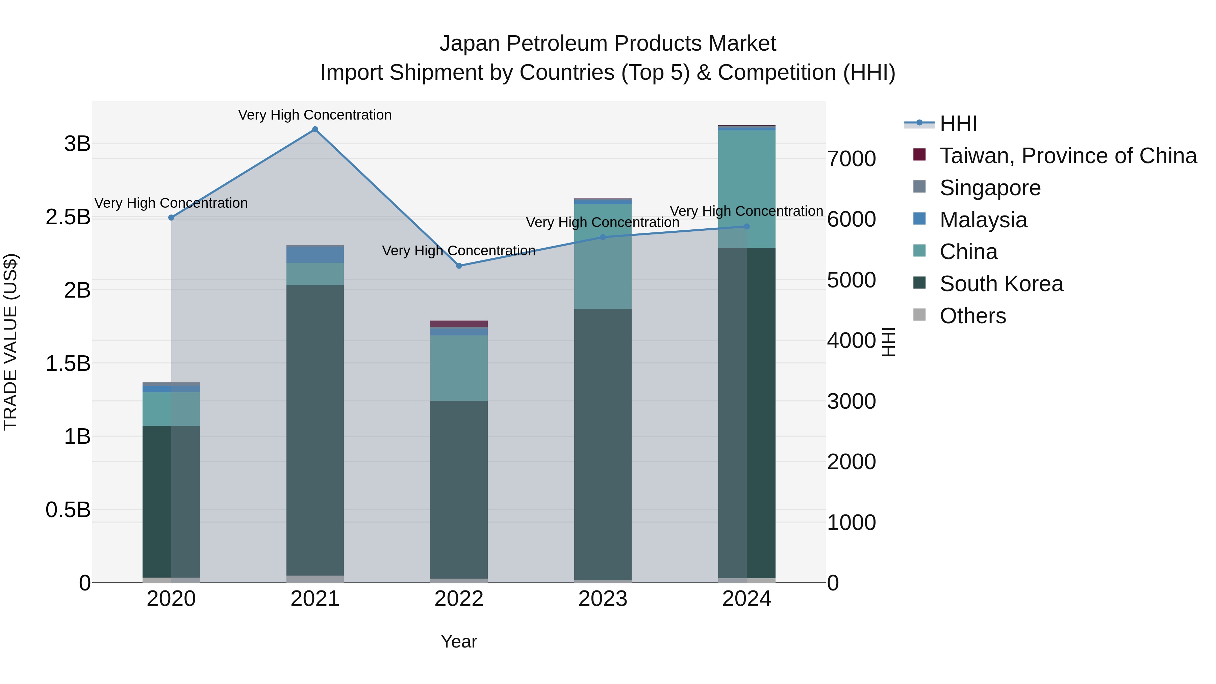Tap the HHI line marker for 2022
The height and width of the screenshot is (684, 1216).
(x=459, y=266)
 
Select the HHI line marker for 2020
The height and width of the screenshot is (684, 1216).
(x=171, y=218)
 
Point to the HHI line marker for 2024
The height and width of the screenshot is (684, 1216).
(x=746, y=227)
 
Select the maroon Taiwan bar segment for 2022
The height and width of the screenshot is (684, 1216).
(x=459, y=324)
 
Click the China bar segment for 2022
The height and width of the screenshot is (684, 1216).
(x=459, y=368)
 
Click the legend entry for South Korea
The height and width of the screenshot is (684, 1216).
(x=1001, y=284)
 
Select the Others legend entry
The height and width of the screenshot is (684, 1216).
(x=972, y=316)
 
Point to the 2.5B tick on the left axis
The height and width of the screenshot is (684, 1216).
(x=68, y=217)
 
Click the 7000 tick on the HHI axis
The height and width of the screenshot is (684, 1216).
(x=851, y=159)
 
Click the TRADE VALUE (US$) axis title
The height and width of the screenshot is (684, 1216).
(x=10, y=342)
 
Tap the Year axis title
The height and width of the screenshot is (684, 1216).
(x=459, y=641)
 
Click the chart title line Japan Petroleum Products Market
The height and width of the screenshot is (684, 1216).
(x=608, y=44)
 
